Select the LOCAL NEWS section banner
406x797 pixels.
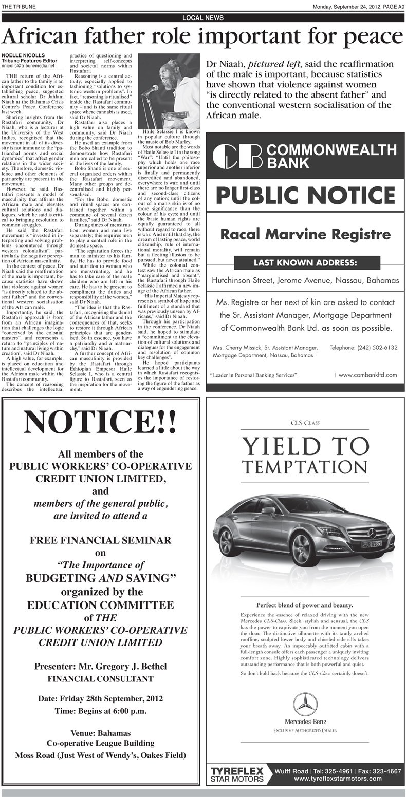tap(203, 17)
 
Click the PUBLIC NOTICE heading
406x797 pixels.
tap(305, 195)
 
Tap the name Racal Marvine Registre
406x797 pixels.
tap(305, 235)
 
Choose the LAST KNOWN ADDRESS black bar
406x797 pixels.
tap(305, 263)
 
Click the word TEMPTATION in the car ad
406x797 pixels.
tap(305, 467)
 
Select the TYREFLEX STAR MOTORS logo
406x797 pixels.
tap(237, 774)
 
